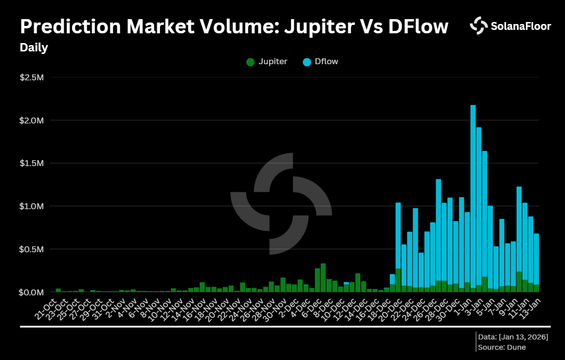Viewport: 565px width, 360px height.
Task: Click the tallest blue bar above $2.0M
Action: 473,196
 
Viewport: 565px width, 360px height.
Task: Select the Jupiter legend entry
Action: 267,62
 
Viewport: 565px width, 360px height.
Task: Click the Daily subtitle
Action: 34,48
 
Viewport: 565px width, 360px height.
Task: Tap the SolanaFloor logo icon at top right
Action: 478,26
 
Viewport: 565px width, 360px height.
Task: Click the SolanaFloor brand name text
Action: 520,26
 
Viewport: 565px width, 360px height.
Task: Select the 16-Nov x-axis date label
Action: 193,309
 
